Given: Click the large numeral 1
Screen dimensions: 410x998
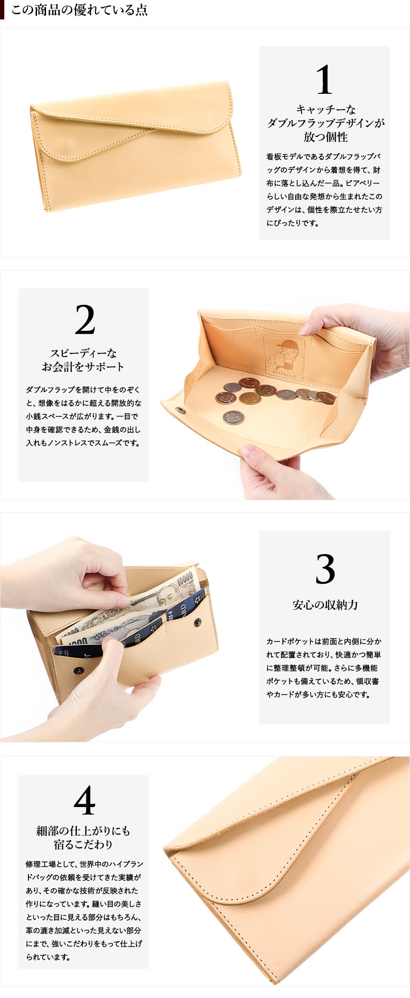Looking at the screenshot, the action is pyautogui.click(x=325, y=80).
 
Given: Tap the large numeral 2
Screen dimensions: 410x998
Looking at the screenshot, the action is pyautogui.click(x=85, y=320).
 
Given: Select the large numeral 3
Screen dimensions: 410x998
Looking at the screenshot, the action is pyautogui.click(x=325, y=569).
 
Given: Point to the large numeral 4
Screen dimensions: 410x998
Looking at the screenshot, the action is pyautogui.click(x=84, y=801).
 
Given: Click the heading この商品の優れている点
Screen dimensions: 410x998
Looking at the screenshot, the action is pyautogui.click(x=79, y=10).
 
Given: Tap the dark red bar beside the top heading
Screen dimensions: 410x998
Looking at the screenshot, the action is pyautogui.click(x=2, y=10).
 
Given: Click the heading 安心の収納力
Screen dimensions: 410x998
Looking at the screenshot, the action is pyautogui.click(x=325, y=605).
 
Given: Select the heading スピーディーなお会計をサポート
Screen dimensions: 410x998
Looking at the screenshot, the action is pyautogui.click(x=83, y=360).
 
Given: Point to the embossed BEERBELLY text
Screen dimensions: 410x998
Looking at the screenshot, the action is pyautogui.click(x=285, y=374).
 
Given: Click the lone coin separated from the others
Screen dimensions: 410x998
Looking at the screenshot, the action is pyautogui.click(x=233, y=417).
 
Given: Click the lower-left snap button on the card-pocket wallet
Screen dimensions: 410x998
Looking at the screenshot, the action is pyautogui.click(x=79, y=671).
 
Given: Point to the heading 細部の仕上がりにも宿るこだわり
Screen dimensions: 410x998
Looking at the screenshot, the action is pyautogui.click(x=83, y=837).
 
